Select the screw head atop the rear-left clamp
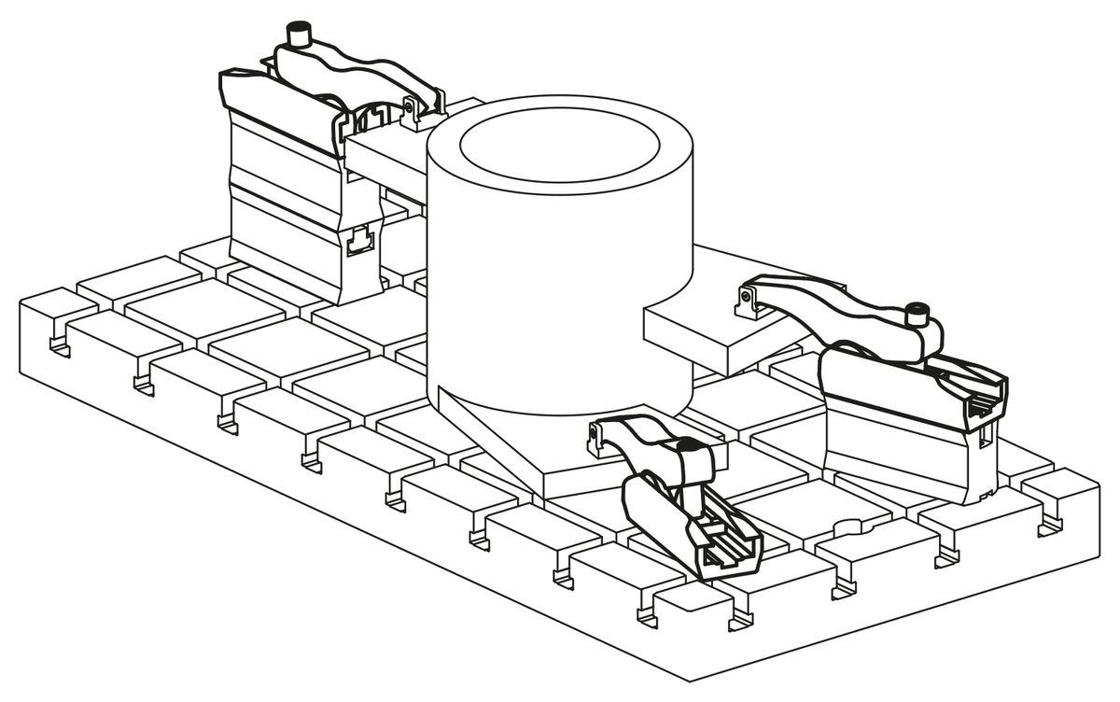pos(300,35)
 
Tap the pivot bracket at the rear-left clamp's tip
pos(411,112)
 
